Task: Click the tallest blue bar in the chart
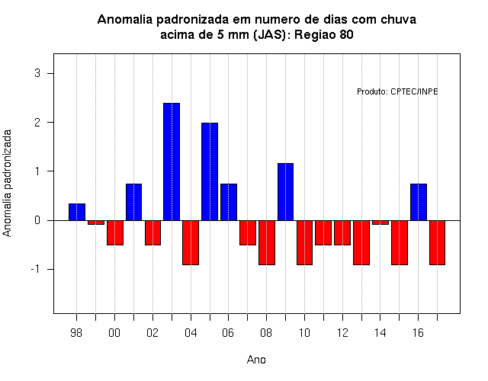tap(172, 162)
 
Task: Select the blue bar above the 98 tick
tap(77, 212)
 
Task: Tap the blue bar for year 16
tap(419, 202)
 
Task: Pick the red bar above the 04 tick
tap(191, 242)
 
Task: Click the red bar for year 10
tap(304, 242)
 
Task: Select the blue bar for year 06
tap(229, 202)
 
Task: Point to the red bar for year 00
tap(115, 232)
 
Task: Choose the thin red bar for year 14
tap(380, 223)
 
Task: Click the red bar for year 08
tap(267, 242)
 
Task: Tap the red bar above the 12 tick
tap(342, 232)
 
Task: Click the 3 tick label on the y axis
tap(37, 73)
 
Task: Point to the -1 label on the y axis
tap(36, 269)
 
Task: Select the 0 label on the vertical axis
tap(37, 220)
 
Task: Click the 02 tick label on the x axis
tap(152, 333)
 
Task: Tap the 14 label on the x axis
tap(380, 333)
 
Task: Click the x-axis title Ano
tap(256, 360)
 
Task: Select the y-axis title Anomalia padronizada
tap(7, 183)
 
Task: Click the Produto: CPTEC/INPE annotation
tap(397, 91)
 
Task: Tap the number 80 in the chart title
tap(346, 34)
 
